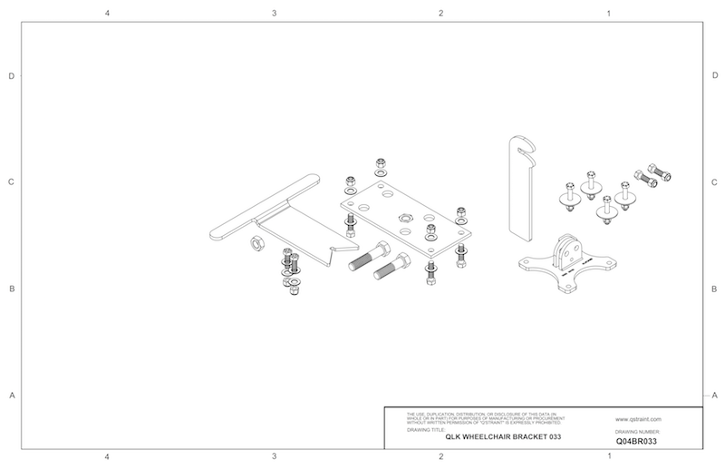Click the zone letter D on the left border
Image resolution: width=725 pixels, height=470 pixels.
11,76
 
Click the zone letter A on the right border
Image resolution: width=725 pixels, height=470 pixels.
715,395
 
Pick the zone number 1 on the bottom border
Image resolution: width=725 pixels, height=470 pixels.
607,456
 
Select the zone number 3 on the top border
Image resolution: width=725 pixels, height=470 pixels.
274,14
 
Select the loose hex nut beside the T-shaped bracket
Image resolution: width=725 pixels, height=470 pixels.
256,243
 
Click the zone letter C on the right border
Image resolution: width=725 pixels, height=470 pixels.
715,181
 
